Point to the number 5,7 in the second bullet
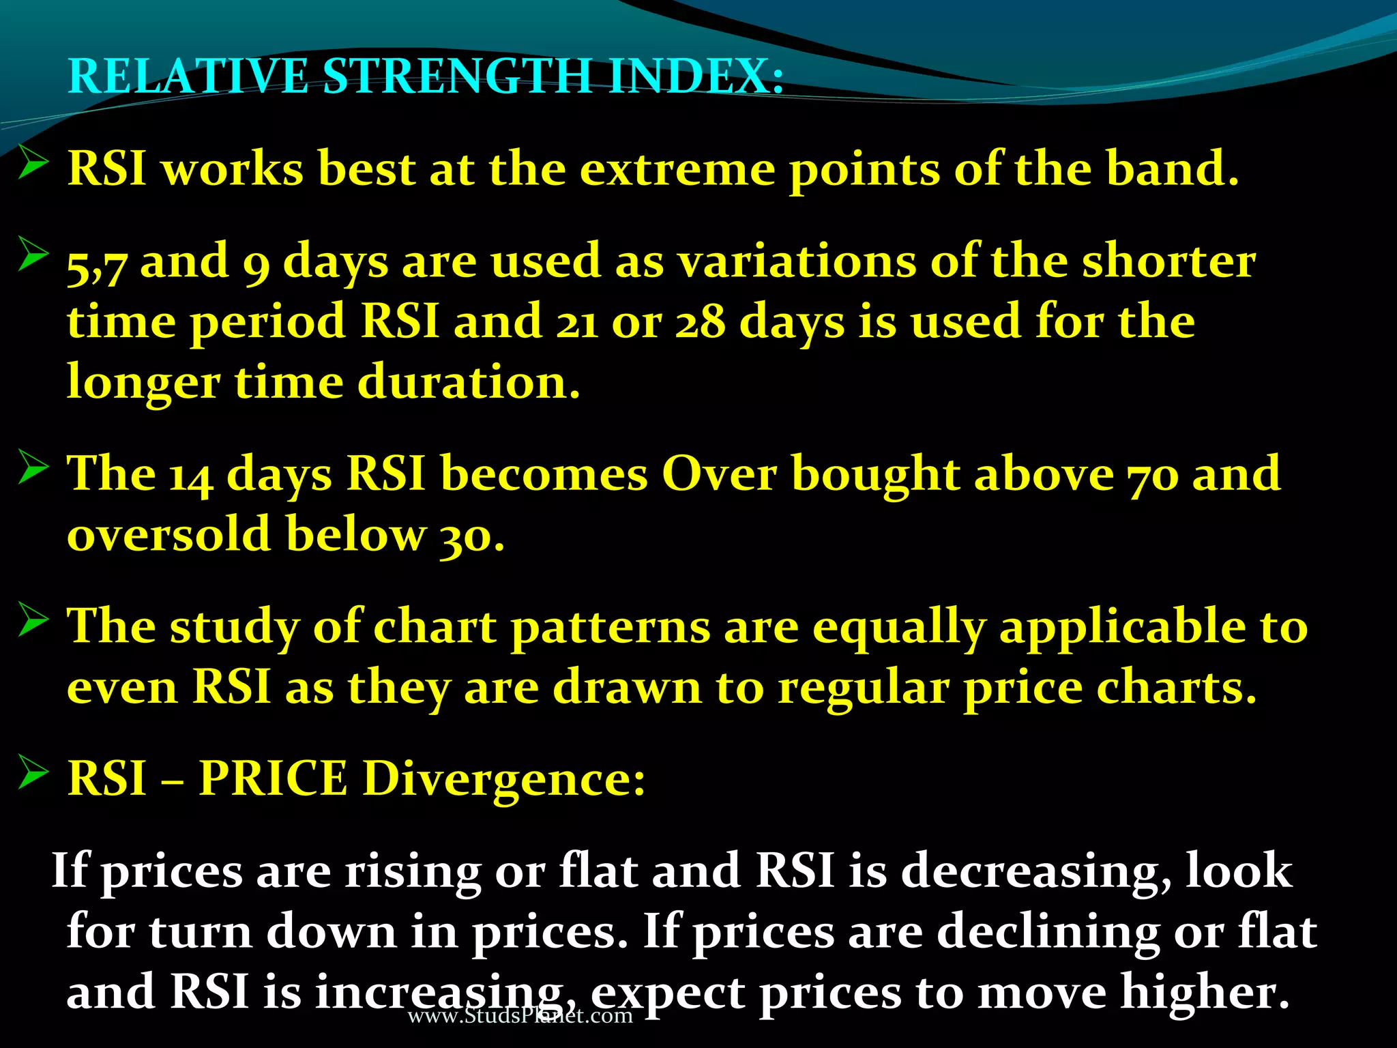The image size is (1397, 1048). [x=96, y=265]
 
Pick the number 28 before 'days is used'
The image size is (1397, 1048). [x=700, y=323]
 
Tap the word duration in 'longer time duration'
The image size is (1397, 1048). [x=468, y=382]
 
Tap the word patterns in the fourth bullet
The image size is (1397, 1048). [x=611, y=628]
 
